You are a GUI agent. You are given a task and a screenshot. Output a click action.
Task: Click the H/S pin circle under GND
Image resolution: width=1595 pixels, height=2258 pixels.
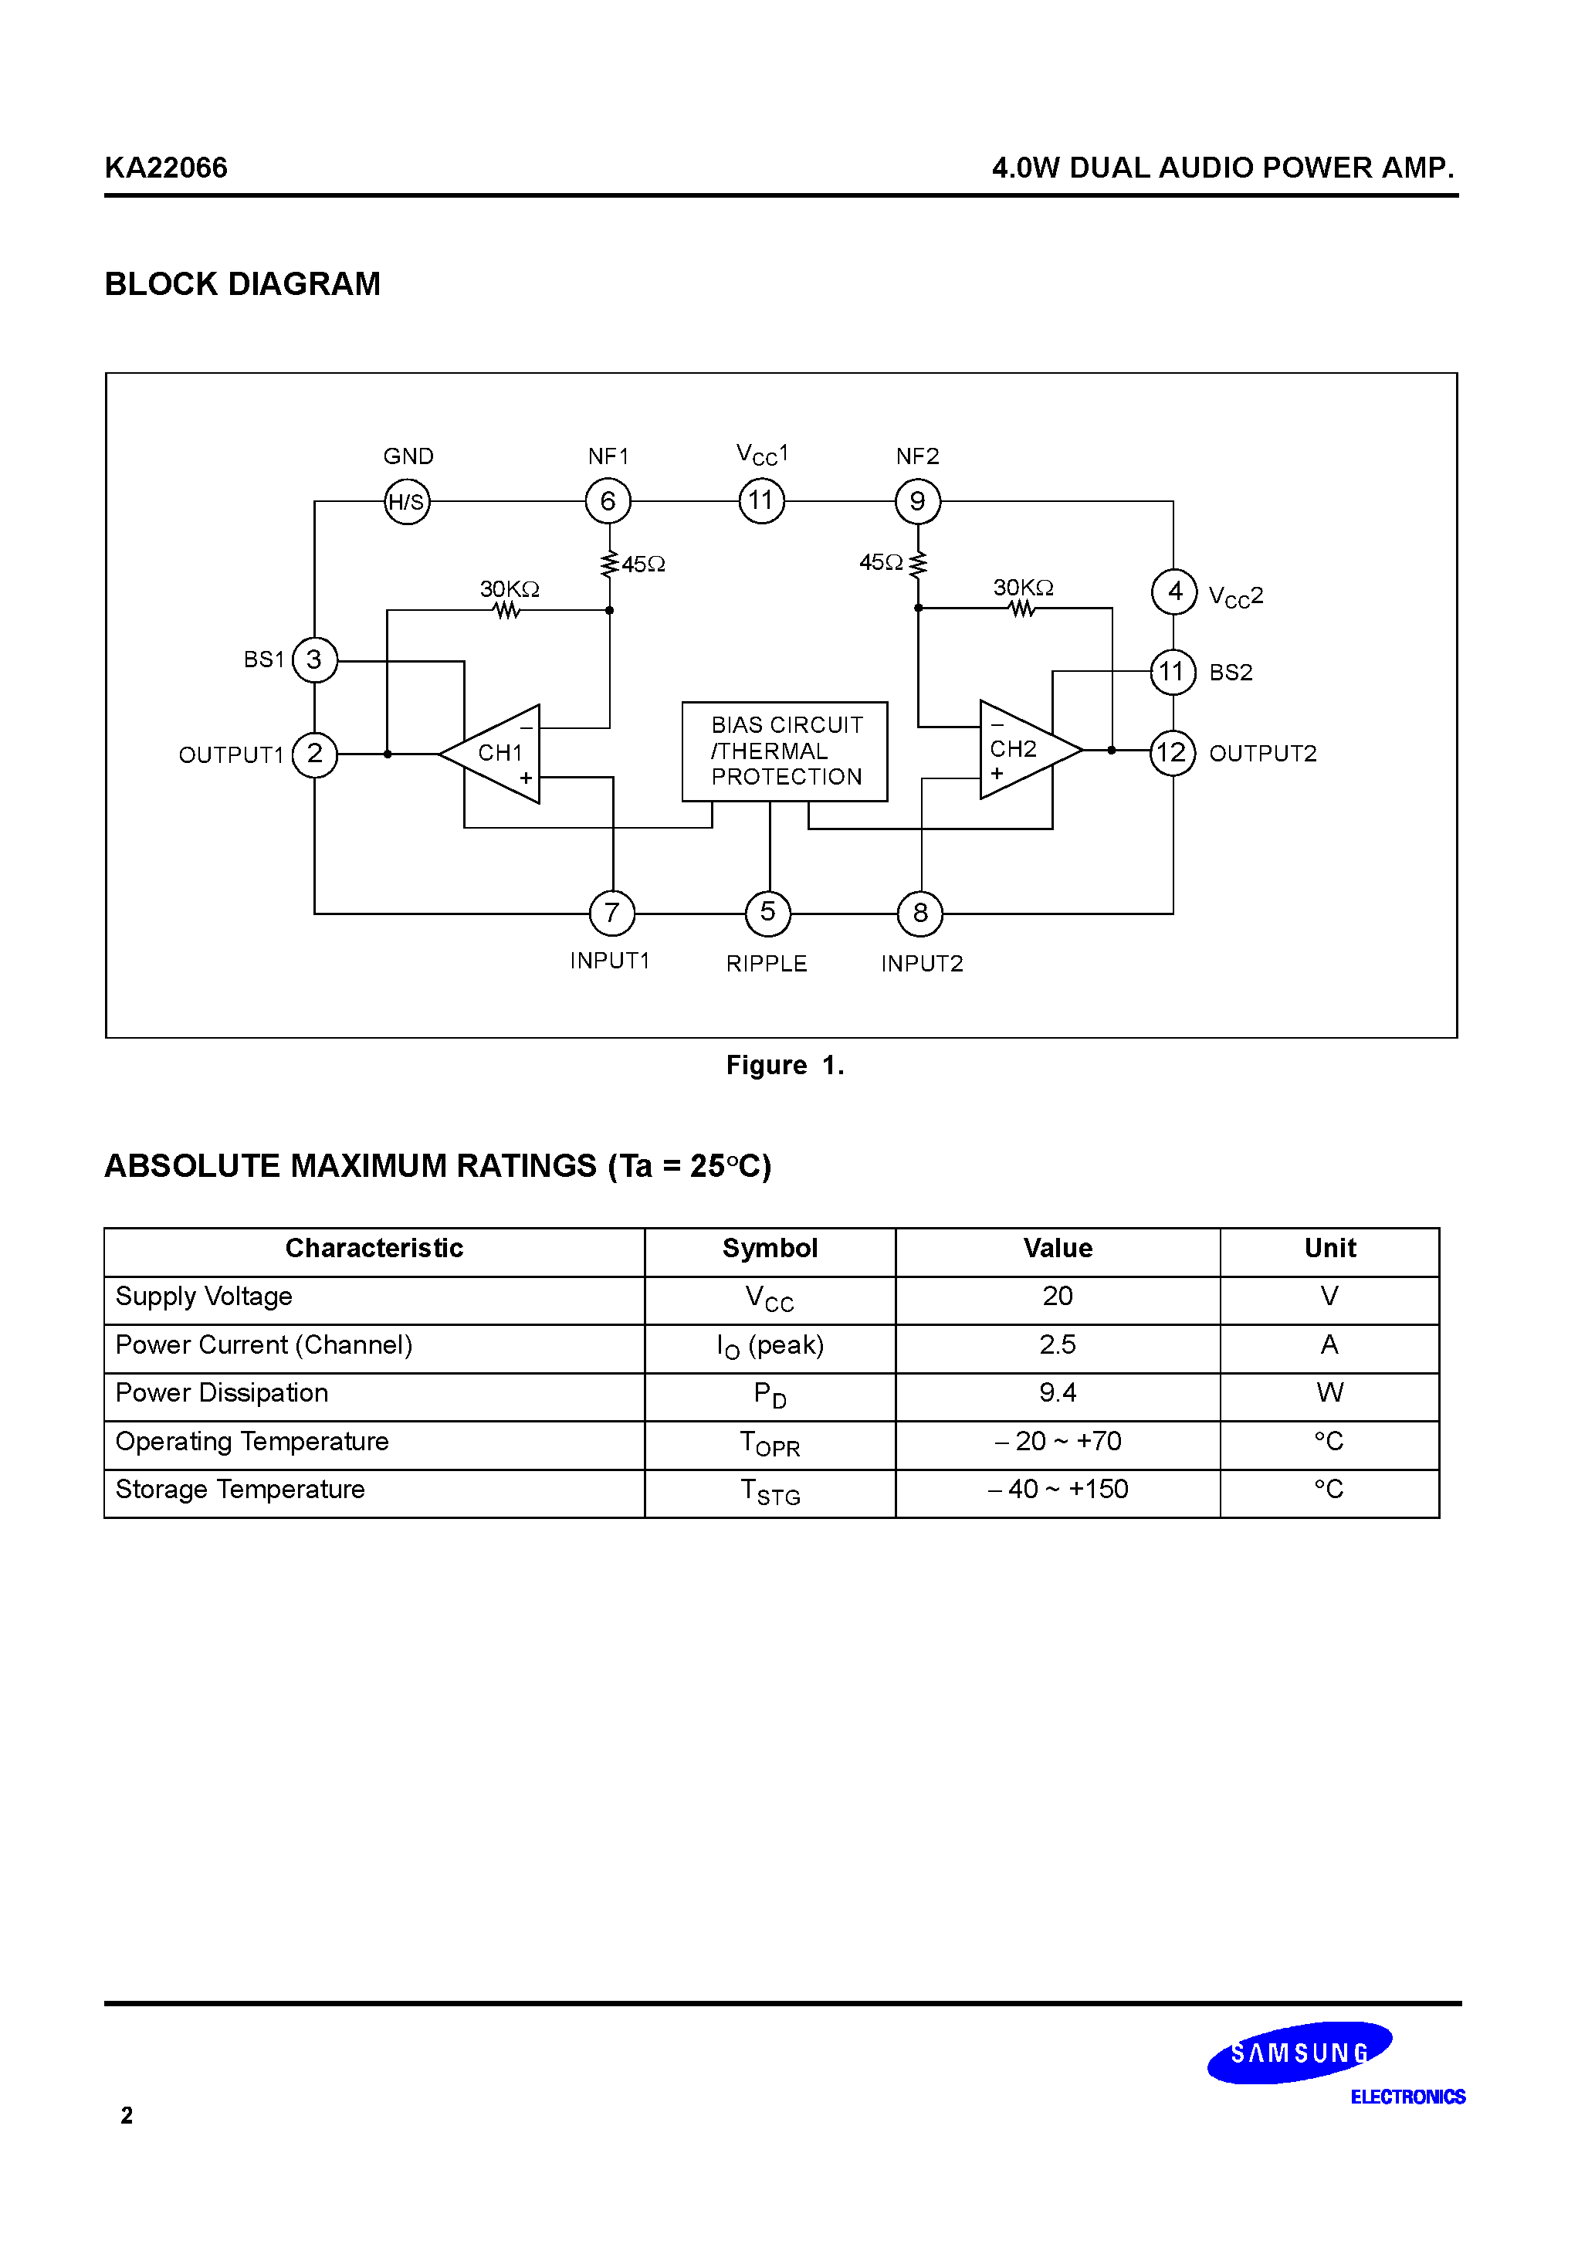[x=406, y=501]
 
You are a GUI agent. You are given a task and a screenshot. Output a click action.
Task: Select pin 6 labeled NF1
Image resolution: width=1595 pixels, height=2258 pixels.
[x=608, y=501]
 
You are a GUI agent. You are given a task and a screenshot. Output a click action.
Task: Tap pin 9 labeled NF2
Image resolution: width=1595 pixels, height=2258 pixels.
[x=917, y=501]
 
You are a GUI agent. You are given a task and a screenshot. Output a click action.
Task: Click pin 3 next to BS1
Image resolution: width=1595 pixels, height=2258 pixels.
[x=315, y=660]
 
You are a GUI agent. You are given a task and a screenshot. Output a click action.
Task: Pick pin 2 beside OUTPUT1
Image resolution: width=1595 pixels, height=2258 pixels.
[x=315, y=754]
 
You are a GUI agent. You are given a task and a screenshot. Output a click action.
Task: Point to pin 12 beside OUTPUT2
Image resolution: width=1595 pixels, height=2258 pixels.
[x=1172, y=754]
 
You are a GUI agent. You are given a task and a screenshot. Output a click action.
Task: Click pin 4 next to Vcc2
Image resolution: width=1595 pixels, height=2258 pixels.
[x=1174, y=592]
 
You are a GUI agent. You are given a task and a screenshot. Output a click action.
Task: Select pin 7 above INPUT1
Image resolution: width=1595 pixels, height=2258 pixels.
[x=611, y=914]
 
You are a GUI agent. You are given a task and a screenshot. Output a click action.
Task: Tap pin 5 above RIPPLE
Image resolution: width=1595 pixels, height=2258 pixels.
[x=768, y=913]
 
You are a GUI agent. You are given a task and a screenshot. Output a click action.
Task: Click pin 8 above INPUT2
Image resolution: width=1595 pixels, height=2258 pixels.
[x=920, y=914]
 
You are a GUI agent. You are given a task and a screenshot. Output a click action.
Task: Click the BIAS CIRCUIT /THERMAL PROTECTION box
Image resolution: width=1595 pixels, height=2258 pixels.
[x=784, y=751]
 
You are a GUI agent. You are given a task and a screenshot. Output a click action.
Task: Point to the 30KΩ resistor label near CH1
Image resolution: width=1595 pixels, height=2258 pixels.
[x=510, y=589]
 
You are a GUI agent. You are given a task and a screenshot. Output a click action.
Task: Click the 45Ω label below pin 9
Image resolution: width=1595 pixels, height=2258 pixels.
[x=880, y=562]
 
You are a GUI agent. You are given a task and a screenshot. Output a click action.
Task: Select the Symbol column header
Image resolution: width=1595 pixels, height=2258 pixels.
[x=770, y=1249]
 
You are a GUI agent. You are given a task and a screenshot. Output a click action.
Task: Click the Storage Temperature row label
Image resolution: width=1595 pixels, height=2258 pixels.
[x=240, y=1490]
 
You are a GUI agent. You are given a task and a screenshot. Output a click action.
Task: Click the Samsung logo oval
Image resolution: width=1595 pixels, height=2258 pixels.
[x=1299, y=2053]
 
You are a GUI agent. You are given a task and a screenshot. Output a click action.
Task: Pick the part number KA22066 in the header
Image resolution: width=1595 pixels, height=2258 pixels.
[x=166, y=168]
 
